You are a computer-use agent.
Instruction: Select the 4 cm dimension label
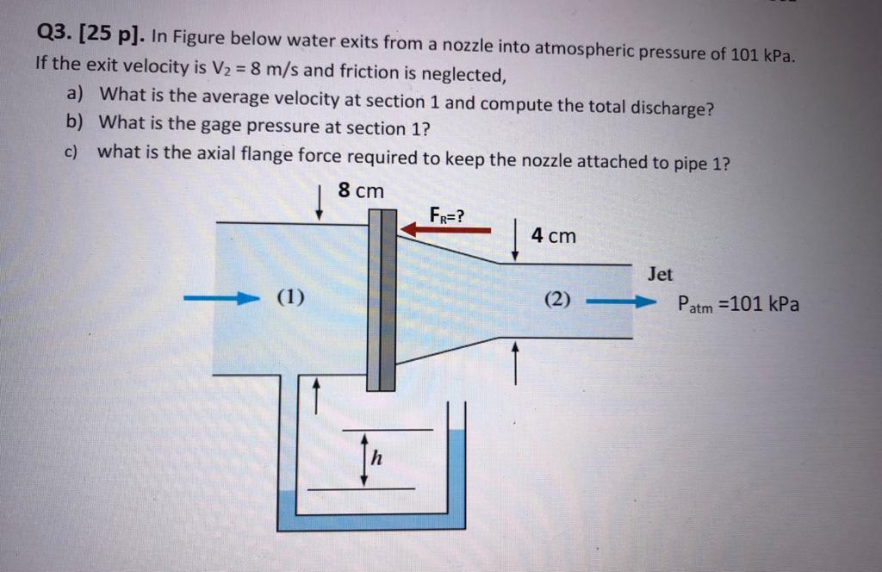pyautogui.click(x=553, y=235)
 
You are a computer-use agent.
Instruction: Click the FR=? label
pyautogui.click(x=448, y=214)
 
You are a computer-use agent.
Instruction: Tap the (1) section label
pyautogui.click(x=290, y=298)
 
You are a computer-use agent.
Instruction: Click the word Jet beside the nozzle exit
pyautogui.click(x=660, y=275)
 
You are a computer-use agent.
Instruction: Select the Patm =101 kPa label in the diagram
pyautogui.click(x=737, y=304)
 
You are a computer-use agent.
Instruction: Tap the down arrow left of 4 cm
pyautogui.click(x=515, y=241)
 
